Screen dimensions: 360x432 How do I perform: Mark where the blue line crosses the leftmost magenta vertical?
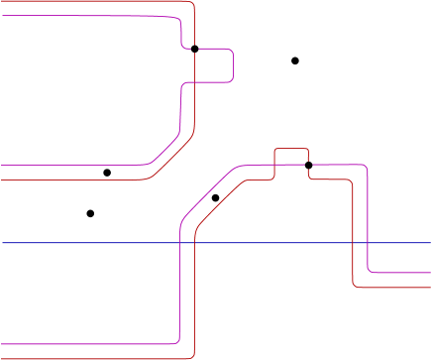click(178, 242)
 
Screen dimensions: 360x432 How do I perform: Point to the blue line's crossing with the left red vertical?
click(195, 242)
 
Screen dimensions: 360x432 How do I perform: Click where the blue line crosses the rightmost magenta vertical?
click(368, 242)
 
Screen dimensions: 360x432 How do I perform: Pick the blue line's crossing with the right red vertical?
click(353, 242)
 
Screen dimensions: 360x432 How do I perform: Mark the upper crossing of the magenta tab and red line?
click(195, 49)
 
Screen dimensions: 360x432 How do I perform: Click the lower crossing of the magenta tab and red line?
click(195, 82)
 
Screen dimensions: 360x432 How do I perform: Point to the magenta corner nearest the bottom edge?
click(175, 338)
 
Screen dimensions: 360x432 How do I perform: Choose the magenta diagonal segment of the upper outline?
click(163, 148)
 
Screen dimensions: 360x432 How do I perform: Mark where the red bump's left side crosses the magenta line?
click(274, 165)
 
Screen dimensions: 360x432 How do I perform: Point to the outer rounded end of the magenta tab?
click(233, 65)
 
